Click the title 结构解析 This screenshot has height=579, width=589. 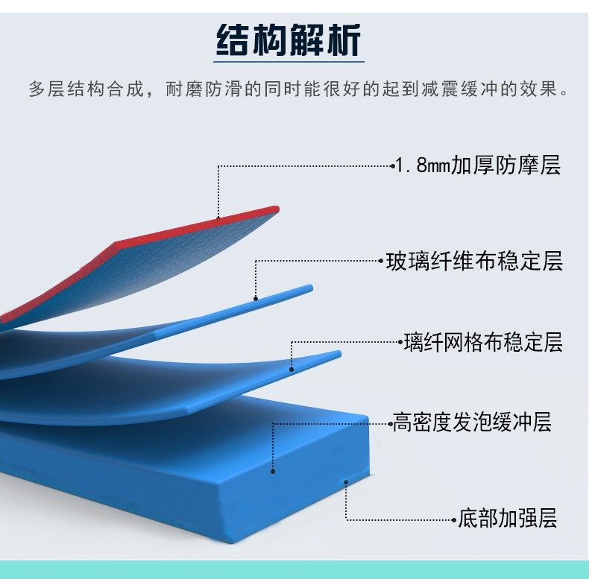289,39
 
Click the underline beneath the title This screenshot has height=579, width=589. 289,62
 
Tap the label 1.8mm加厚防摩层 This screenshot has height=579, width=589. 478,165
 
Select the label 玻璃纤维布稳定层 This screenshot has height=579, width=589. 474,261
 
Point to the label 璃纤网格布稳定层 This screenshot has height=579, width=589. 483,342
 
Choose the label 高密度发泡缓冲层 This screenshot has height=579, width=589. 472,422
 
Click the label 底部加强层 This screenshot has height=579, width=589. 507,519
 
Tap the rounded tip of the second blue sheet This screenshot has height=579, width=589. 309,288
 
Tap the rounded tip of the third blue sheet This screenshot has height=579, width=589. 338,354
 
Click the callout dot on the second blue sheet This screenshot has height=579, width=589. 256,299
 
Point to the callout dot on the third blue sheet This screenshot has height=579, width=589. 292,370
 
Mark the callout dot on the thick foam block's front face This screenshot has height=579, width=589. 273,471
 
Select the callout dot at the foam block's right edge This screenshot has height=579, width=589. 346,482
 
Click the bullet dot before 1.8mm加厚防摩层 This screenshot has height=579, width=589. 393,166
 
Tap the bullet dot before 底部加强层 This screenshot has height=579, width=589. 454,520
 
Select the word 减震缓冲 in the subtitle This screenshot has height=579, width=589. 459,89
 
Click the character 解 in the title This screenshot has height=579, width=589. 306,39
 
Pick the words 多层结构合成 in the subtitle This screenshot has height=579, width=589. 86,89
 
